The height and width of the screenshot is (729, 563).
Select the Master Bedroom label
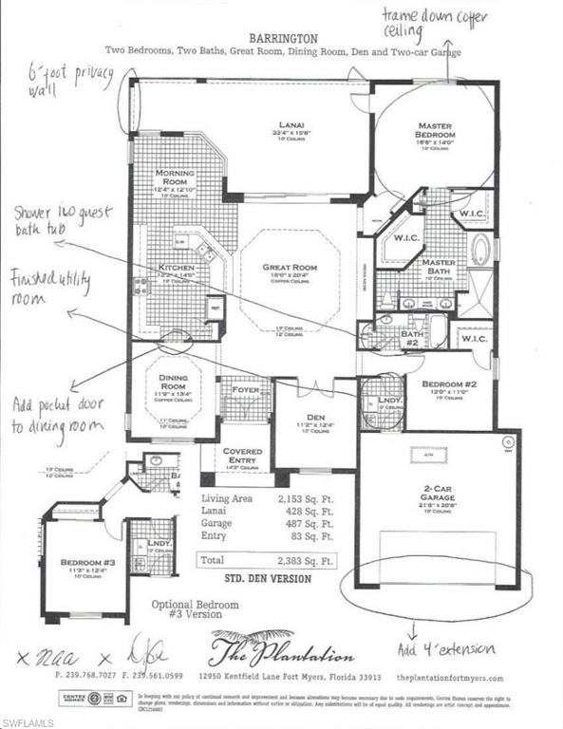point(437,130)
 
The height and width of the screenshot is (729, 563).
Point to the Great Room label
point(290,267)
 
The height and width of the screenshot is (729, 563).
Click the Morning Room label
point(177,178)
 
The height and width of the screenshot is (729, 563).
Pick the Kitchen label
point(177,267)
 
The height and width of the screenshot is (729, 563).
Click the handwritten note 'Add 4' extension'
point(446,649)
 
